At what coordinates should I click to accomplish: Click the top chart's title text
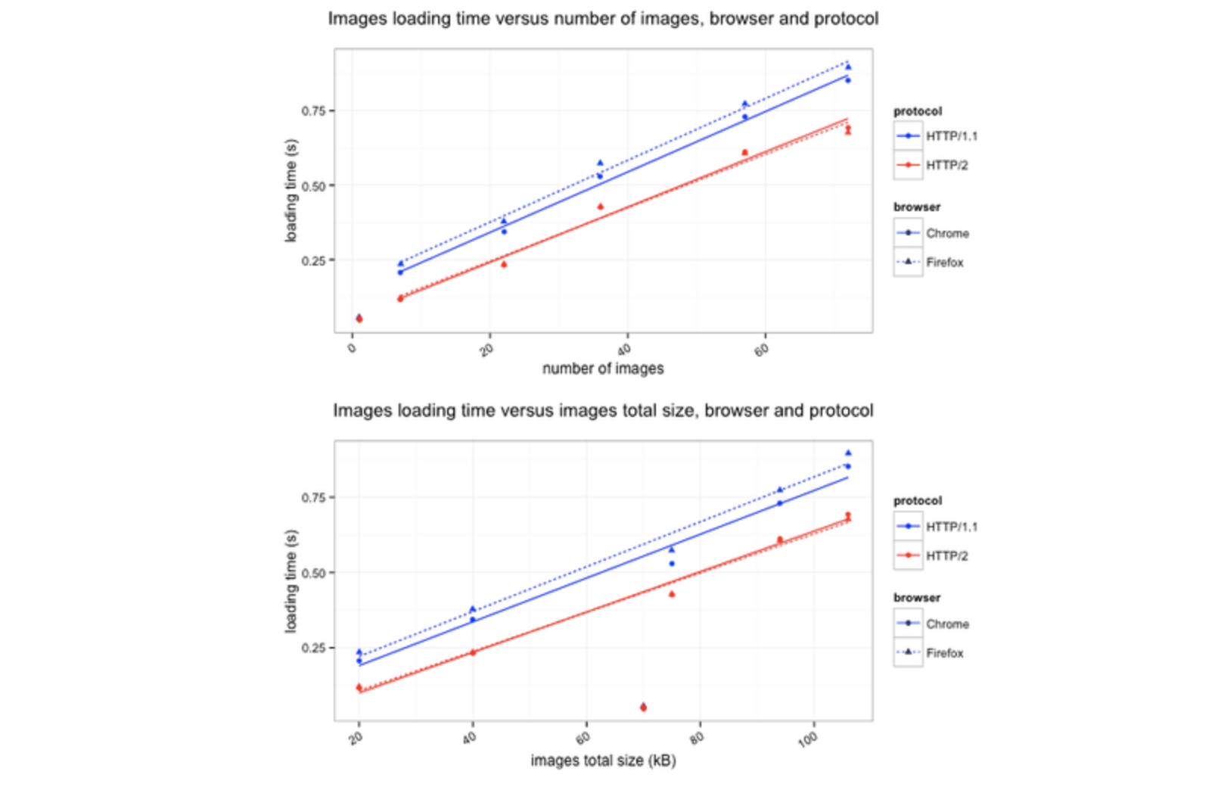[603, 18]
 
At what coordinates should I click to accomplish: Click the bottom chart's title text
[603, 410]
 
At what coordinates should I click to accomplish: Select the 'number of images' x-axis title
[603, 369]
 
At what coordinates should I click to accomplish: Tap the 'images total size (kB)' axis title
[603, 760]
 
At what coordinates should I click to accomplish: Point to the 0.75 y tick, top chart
[313, 111]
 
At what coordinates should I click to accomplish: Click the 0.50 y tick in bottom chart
[313, 573]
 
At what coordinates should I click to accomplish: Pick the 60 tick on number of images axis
[761, 349]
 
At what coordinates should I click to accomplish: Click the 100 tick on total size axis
[807, 739]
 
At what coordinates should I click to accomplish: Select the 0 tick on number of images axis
[352, 348]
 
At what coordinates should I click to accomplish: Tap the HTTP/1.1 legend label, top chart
[952, 136]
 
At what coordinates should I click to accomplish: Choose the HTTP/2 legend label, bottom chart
[947, 555]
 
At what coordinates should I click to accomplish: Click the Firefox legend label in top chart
[945, 263]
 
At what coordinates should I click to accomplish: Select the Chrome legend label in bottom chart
[947, 624]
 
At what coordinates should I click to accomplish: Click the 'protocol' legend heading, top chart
[918, 111]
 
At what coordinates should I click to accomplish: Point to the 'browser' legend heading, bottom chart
[917, 597]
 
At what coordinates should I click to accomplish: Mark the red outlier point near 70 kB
[643, 708]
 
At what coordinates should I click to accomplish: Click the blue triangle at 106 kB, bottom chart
[848, 453]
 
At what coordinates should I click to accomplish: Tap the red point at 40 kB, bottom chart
[473, 652]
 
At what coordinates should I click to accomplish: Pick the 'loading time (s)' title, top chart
[291, 190]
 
